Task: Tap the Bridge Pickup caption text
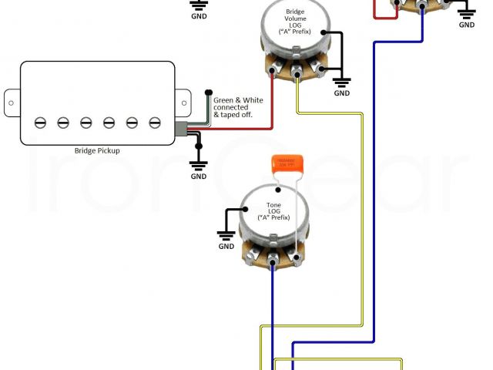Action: (96, 152)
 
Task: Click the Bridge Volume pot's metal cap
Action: (295, 31)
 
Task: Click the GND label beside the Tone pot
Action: (226, 247)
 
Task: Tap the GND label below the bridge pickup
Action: (199, 177)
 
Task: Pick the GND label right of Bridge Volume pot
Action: (342, 93)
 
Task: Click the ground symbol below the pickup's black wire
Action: (199, 163)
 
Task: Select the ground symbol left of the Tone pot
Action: (226, 234)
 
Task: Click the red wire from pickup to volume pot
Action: (231, 127)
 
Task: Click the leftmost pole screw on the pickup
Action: (40, 122)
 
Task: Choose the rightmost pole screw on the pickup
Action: (155, 122)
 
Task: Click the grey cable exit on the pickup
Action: (182, 131)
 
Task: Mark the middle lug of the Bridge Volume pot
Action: (297, 75)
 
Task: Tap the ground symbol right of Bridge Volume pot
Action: (342, 79)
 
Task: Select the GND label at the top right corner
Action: (467, 25)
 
